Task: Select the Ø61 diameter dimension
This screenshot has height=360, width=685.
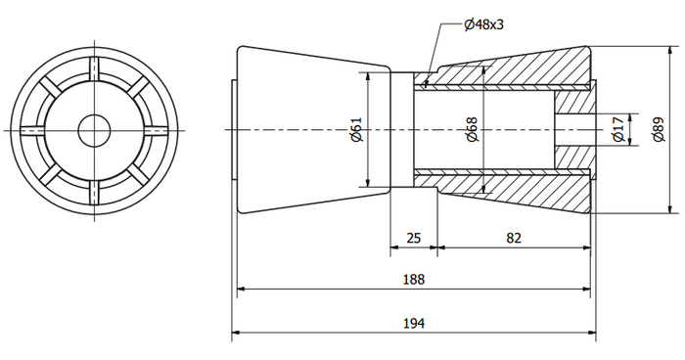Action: (x=357, y=129)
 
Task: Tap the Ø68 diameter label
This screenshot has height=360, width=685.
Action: (x=472, y=129)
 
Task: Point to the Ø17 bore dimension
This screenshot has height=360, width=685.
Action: (x=616, y=129)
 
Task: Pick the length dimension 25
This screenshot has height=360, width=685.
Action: (x=413, y=239)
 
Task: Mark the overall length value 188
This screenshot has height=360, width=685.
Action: (x=414, y=279)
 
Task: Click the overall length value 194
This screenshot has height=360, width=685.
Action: (x=414, y=323)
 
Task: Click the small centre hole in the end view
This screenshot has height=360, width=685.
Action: (x=95, y=128)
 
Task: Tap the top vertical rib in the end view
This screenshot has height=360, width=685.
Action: (x=95, y=69)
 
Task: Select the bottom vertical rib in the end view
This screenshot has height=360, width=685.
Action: (x=95, y=188)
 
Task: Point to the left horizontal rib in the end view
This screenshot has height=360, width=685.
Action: (x=35, y=128)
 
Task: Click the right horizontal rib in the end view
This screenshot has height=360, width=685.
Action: (x=155, y=128)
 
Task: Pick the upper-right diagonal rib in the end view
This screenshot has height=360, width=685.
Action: (x=137, y=87)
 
